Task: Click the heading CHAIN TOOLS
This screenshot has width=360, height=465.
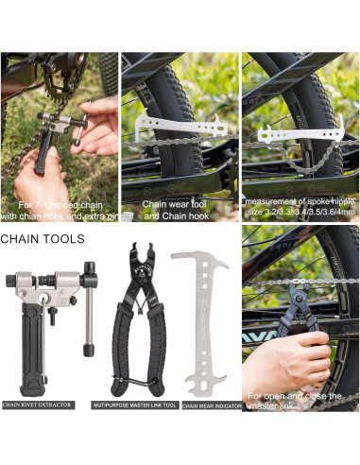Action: click(43, 239)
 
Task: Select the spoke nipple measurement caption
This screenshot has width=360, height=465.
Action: click(300, 208)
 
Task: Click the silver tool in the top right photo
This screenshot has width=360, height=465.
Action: click(292, 133)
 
